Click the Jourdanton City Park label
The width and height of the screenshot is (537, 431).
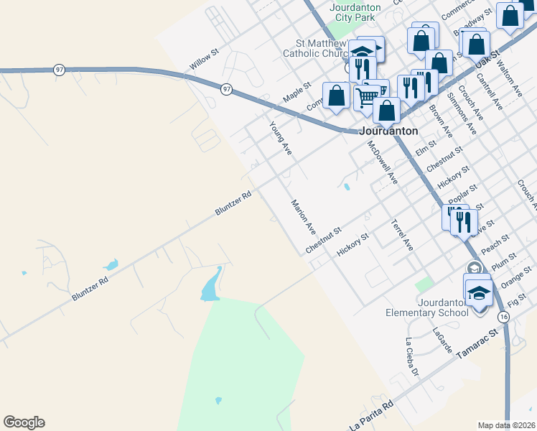[348, 11]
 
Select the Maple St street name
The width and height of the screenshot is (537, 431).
[296, 91]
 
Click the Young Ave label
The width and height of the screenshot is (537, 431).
[281, 138]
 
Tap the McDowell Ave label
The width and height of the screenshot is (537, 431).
[382, 162]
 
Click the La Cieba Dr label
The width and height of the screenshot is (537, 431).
[411, 357]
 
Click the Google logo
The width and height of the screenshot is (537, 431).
[24, 422]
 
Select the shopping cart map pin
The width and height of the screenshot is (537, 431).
[367, 96]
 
